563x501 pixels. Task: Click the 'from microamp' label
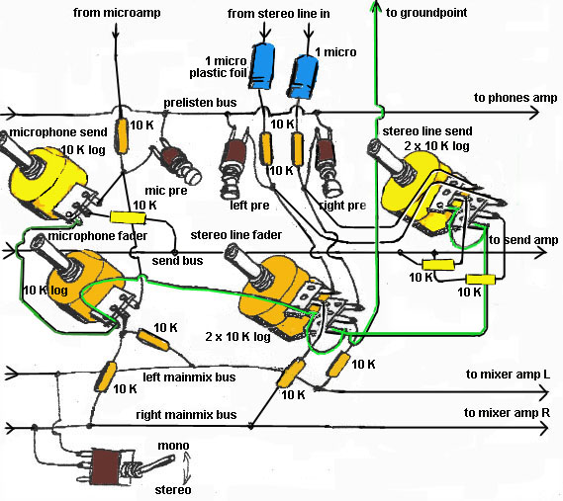pyautogui.click(x=117, y=13)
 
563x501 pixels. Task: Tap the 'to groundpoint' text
pyautogui.click(x=426, y=13)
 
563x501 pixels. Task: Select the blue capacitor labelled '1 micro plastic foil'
pyautogui.click(x=262, y=65)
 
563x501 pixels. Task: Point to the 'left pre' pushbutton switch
pyautogui.click(x=233, y=165)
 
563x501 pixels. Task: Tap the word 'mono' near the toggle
pyautogui.click(x=173, y=446)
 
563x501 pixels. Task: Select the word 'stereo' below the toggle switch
pyautogui.click(x=173, y=490)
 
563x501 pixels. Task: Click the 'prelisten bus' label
pyautogui.click(x=200, y=103)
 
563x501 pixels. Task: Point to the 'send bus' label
pyautogui.click(x=177, y=260)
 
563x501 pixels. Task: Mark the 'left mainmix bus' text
pyautogui.click(x=189, y=377)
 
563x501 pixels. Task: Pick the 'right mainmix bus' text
pyautogui.click(x=186, y=415)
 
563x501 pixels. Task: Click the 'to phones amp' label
pyautogui.click(x=516, y=98)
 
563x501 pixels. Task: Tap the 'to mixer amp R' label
pyautogui.click(x=507, y=413)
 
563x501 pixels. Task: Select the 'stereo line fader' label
pyautogui.click(x=236, y=235)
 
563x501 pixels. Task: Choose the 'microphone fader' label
pyautogui.click(x=97, y=236)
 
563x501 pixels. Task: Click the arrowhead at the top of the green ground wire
pyautogui.click(x=376, y=6)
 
